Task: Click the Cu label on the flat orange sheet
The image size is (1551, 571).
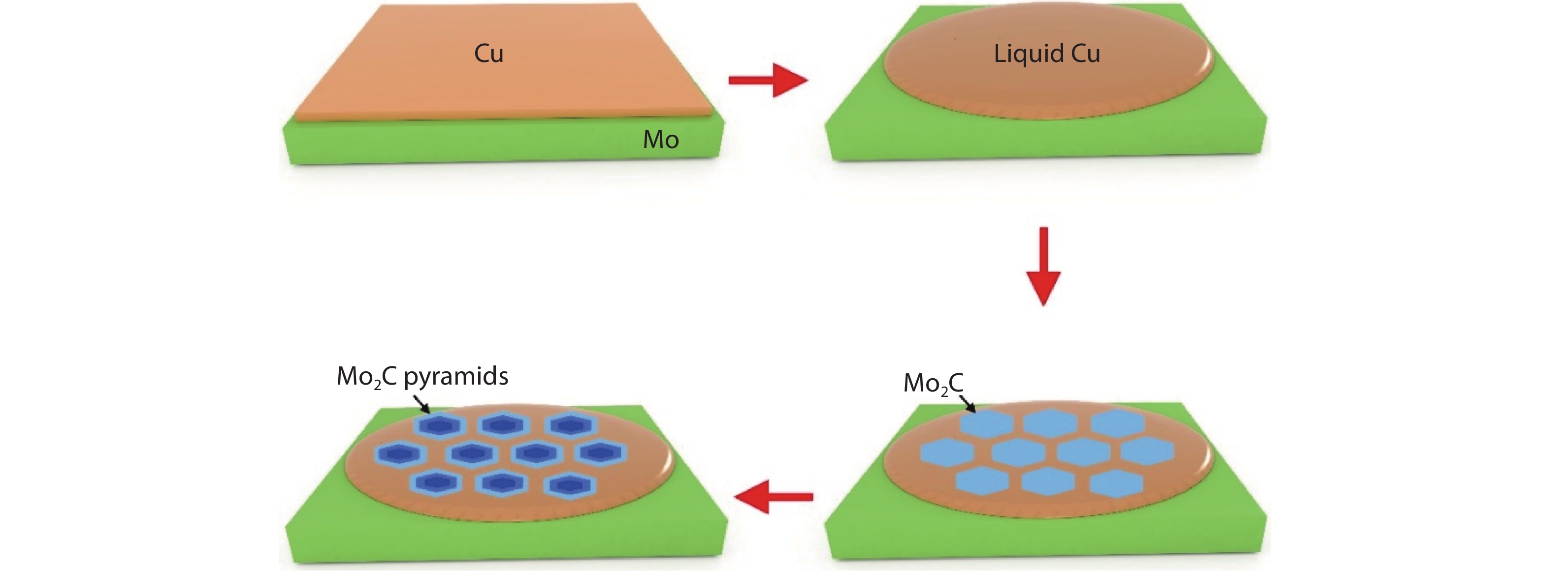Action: coord(488,54)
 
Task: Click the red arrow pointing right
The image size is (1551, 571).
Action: coord(768,80)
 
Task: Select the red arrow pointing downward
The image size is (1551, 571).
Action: coord(1043,266)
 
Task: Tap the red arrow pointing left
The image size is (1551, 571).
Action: coord(774,496)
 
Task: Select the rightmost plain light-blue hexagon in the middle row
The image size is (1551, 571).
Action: coord(1147,452)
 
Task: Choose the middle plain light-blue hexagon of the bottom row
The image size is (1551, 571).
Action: coord(1048,482)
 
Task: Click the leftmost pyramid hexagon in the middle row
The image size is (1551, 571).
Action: coord(400,453)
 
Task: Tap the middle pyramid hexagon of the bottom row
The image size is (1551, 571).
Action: coord(502,482)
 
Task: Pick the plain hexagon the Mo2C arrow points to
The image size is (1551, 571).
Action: coord(986,423)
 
